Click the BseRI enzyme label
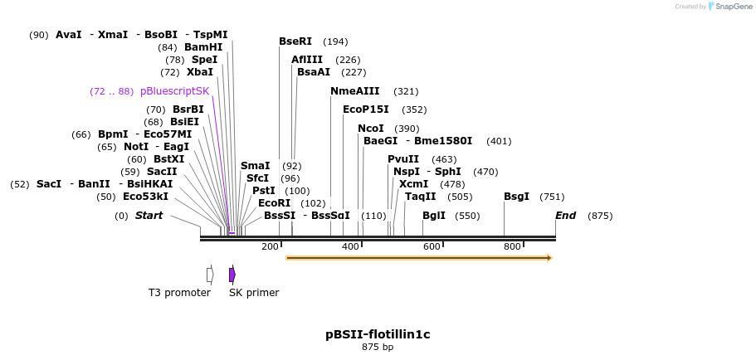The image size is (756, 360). pos(295,41)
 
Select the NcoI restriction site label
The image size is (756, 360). pos(371,129)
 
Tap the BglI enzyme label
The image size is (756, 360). pos(434,216)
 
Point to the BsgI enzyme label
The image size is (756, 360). pos(516,197)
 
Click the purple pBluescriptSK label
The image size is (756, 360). pos(174,91)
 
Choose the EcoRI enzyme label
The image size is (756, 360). pos(275,203)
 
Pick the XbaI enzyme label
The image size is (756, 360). pos(199,72)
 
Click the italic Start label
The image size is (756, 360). pos(149,216)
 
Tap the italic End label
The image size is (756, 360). pos(566,216)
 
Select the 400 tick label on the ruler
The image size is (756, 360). pos(350,246)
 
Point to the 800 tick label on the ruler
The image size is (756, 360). pos(512,246)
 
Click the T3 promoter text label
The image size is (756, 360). pos(179,293)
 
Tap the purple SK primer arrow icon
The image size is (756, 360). pos(232,275)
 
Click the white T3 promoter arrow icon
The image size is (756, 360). pos(210,275)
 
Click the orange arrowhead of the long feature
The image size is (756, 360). pos(549,258)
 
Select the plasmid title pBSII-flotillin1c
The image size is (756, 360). pos(378,334)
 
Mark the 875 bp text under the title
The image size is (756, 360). pos(378,347)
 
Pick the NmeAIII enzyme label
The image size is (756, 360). pos(354,91)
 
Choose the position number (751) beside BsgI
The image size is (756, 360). pos(552,197)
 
